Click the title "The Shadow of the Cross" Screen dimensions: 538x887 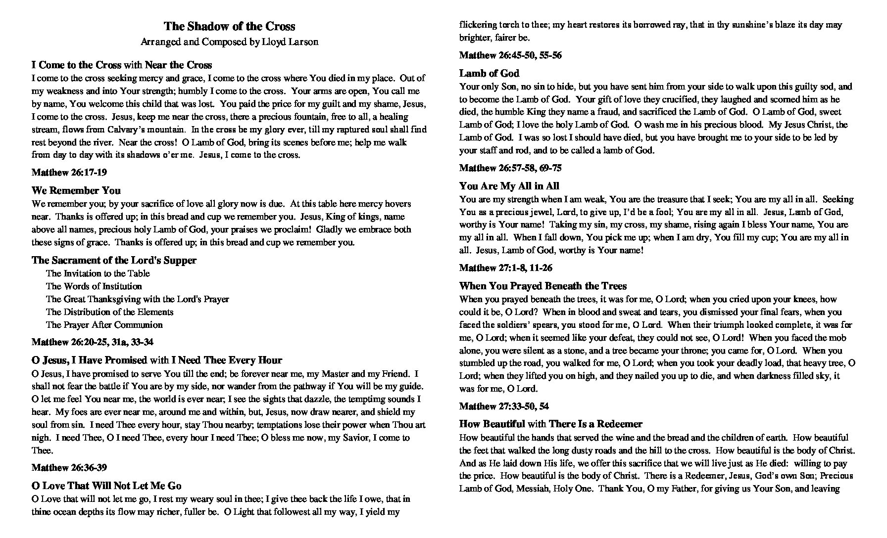coord(229,26)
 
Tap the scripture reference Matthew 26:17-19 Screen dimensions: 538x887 coord(69,173)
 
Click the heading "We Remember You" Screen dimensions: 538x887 coord(76,190)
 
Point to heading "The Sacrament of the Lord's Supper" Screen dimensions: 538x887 coord(114,260)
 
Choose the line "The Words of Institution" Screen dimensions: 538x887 coord(94,286)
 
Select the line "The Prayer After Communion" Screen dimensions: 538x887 coord(104,325)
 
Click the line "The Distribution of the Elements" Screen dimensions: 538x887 coord(110,312)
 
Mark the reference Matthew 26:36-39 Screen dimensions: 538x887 coord(69,468)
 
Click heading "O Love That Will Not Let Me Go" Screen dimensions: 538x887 coord(106,486)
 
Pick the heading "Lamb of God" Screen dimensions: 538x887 coord(489,73)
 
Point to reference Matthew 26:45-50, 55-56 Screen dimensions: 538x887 coord(510,55)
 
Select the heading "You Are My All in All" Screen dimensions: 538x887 coord(509,186)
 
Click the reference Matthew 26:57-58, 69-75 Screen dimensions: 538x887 coord(510,168)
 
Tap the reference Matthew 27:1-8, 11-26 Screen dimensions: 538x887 coord(506,268)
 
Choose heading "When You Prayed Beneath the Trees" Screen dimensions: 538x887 coord(543,286)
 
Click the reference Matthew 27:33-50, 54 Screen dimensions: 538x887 coord(504,406)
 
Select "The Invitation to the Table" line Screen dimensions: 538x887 coord(98,273)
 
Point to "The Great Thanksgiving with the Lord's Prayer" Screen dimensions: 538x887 coord(138,299)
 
